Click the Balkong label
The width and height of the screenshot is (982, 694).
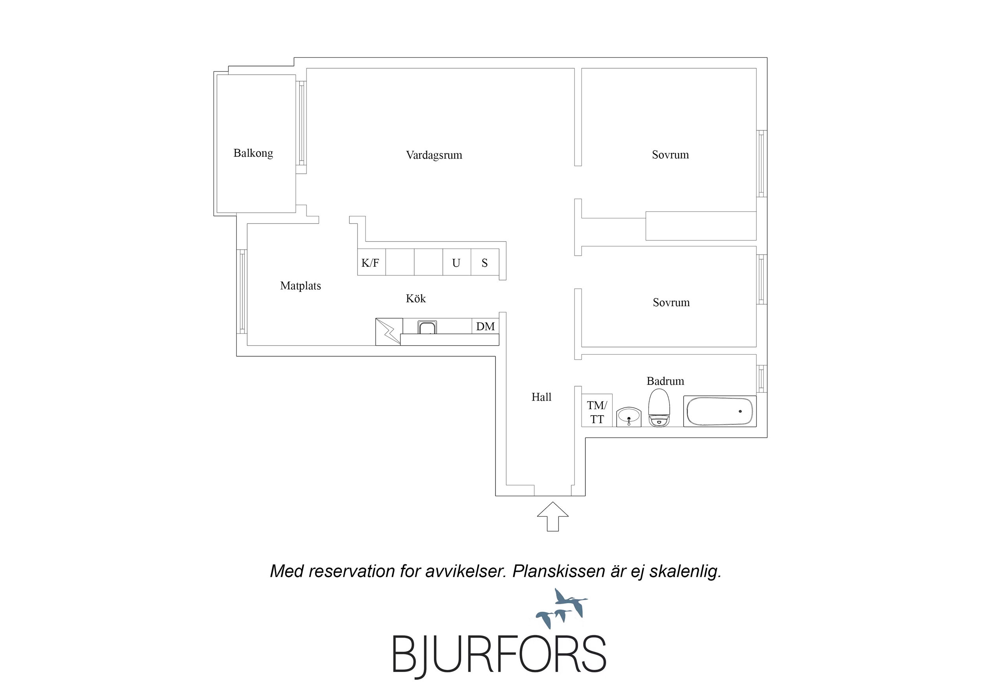coord(253,153)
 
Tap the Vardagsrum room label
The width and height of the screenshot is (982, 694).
coord(434,155)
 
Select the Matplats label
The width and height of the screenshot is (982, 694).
coord(300,286)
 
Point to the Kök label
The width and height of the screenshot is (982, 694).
coord(416,298)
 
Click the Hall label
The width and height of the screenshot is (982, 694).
coord(541,397)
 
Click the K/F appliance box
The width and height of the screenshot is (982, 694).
coord(371,262)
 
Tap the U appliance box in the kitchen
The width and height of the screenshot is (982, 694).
coord(457,262)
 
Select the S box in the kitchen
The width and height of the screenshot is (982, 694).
coord(485,262)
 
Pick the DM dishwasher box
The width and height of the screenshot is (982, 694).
coord(485,326)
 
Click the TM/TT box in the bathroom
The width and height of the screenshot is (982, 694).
coord(597,410)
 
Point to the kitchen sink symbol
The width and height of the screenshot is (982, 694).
coord(427,327)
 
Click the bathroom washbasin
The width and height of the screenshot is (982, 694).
coord(629,416)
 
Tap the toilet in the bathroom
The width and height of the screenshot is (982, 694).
coord(659,408)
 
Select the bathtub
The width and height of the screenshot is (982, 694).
coord(720,411)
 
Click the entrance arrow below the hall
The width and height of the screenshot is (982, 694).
coord(552,516)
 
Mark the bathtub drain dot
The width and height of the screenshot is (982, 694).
coord(740,411)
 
